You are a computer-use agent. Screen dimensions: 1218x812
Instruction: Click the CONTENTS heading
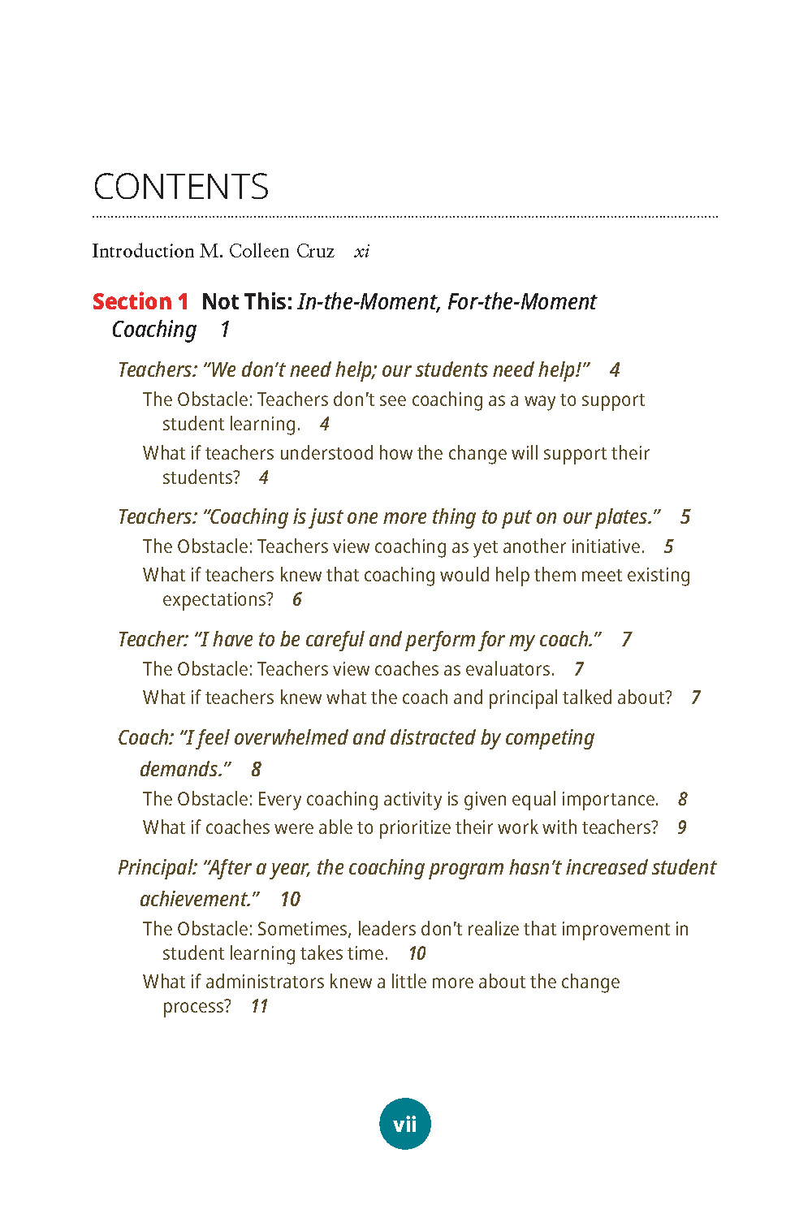pos(180,187)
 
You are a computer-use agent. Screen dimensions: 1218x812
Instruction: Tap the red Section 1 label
pos(140,302)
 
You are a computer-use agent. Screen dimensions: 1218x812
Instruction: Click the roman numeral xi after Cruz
pos(361,252)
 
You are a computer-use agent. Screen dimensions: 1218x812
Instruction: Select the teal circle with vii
pos(405,1124)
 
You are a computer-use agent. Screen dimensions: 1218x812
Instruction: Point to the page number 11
pos(259,1007)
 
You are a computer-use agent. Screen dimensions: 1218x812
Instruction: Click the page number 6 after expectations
pos(297,600)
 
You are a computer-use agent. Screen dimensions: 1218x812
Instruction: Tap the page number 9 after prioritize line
pos(682,827)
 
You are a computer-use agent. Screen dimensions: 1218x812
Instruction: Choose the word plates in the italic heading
pos(624,517)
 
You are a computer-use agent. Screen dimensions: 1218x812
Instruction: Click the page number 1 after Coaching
pos(225,330)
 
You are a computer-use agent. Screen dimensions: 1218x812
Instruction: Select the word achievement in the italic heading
pos(197,900)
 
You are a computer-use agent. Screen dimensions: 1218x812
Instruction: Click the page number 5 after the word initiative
pos(668,546)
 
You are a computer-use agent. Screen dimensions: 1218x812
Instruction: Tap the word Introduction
pos(143,251)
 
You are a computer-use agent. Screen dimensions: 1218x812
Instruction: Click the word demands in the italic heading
pos(183,770)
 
